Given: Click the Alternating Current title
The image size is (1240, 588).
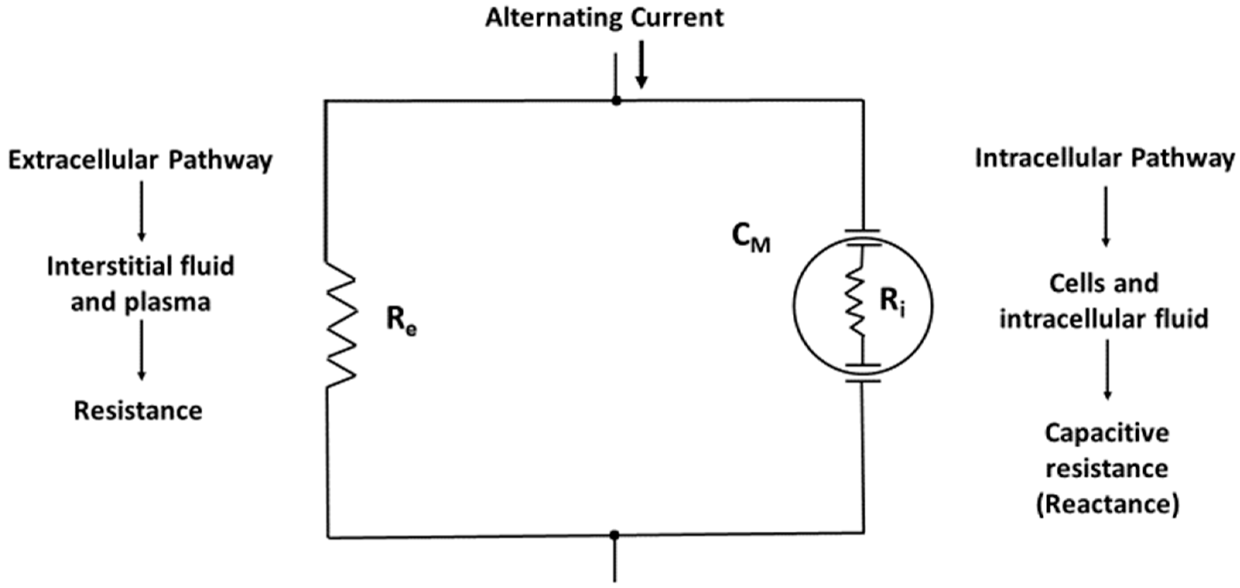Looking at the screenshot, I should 604,18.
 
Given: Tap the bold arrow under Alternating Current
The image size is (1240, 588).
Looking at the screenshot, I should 641,65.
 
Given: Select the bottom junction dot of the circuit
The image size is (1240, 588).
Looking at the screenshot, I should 614,535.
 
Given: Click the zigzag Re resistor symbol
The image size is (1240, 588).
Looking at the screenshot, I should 341,325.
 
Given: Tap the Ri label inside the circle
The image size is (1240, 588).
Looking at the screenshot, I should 892,302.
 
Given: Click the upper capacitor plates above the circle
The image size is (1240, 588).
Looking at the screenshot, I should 863,238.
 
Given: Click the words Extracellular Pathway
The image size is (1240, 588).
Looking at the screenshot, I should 140,160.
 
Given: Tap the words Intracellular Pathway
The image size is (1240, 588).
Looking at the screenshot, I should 1104,159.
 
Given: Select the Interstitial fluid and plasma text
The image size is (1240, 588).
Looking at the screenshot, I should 140,284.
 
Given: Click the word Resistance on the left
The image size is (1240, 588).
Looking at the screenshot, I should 138,411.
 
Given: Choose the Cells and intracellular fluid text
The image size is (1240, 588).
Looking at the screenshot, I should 1104,301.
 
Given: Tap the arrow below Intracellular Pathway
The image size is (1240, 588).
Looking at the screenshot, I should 1106,216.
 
